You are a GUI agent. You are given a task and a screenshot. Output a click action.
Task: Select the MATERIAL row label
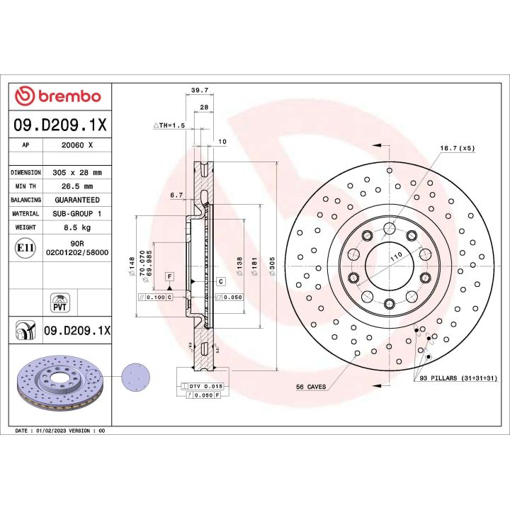pyautogui.click(x=25, y=214)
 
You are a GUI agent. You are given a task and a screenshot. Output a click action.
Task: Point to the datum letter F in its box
pyautogui.click(x=170, y=275)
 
